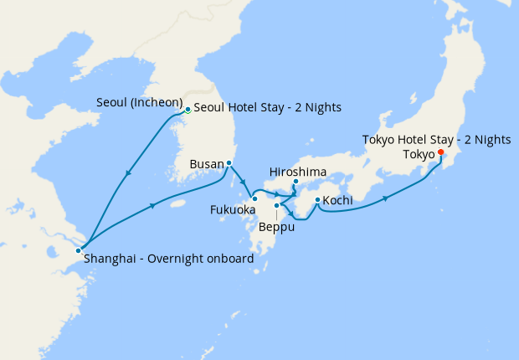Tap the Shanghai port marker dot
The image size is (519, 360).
tap(79, 249)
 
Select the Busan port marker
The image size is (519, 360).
tap(229, 163)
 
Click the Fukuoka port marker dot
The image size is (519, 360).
tap(254, 198)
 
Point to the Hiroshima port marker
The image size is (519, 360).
tap(295, 182)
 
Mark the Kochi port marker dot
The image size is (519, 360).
tap(317, 199)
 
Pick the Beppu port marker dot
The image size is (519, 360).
tap(276, 205)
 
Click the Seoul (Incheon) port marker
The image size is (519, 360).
tap(188, 109)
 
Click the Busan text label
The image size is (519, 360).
tap(207, 163)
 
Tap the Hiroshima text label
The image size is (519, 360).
tap(297, 172)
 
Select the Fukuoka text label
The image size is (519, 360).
tap(233, 209)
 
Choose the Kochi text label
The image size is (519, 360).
tap(337, 201)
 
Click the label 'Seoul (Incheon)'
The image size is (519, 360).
tap(139, 102)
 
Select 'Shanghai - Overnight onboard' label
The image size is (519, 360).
tap(168, 260)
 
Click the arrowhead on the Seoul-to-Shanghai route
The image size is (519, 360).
tap(128, 173)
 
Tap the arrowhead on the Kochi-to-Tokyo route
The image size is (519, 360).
tap(385, 198)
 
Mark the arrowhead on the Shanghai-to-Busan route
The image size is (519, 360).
tap(152, 203)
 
